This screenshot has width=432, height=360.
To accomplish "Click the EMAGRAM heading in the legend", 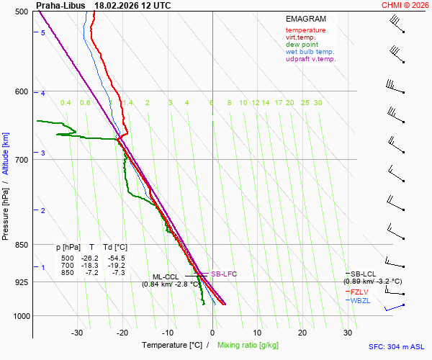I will click(x=305, y=19).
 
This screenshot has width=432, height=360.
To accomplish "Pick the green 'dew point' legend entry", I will click(x=302, y=45).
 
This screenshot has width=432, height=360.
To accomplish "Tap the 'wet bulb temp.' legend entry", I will click(x=310, y=52).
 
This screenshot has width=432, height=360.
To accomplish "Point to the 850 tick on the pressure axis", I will click(x=22, y=245).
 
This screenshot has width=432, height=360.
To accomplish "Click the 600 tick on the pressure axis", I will click(x=22, y=91).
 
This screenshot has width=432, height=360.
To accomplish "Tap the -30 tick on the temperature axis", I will click(x=77, y=333).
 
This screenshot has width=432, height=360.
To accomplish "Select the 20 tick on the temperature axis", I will click(x=302, y=333).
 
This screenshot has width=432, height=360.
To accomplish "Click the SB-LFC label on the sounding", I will click(x=223, y=274).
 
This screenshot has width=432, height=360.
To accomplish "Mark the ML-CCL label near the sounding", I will click(x=166, y=276).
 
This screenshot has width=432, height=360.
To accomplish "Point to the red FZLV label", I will click(x=360, y=292).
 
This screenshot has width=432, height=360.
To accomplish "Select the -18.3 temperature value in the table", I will click(x=90, y=266).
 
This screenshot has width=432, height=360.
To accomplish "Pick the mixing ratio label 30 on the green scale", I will click(x=318, y=103).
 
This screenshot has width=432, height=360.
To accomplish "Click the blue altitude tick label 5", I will click(x=43, y=33).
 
